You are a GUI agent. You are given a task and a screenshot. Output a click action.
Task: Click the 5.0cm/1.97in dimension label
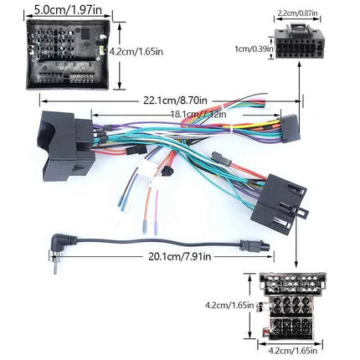68,10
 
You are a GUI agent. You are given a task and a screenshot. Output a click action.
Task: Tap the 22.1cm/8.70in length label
175,100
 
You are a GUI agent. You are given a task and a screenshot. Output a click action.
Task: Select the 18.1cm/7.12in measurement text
198,114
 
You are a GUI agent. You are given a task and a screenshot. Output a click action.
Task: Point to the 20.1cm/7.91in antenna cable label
179,256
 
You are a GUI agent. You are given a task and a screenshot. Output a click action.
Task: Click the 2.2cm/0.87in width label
297,13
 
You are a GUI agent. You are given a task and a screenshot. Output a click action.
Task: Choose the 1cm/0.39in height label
254,49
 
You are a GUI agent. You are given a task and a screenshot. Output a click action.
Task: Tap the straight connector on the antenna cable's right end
255,246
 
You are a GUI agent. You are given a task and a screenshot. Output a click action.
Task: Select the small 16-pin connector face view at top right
299,41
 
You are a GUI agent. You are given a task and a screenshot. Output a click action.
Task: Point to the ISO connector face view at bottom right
292,306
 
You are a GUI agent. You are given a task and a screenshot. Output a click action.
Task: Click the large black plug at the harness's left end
68,146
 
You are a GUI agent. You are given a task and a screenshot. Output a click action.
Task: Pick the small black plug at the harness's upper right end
291,128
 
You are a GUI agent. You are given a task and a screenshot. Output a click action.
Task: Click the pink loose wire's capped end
156,229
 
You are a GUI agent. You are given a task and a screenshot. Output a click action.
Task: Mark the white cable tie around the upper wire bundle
231,129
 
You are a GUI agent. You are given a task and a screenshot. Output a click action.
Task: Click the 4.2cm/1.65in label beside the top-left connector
136,52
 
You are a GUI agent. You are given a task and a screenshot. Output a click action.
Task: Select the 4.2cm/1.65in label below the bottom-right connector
293,350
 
